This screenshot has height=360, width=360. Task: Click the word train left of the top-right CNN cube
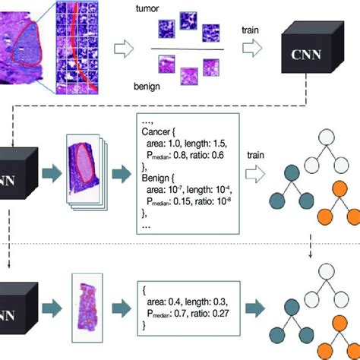(x=252, y=31)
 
